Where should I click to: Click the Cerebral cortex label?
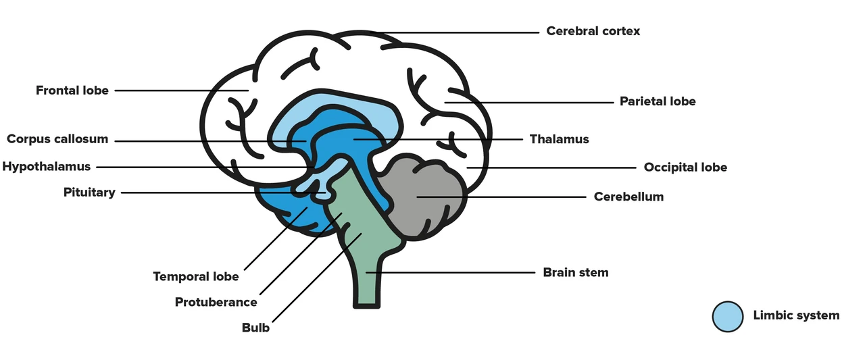(x=593, y=31)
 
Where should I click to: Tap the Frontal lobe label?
(x=72, y=91)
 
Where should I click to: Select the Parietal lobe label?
(x=658, y=101)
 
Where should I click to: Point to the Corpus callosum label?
(x=57, y=139)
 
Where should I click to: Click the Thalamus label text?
(x=559, y=139)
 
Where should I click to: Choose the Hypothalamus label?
(x=47, y=167)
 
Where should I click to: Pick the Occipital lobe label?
(x=685, y=167)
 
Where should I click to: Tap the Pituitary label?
(x=89, y=192)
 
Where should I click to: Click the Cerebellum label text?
(x=628, y=197)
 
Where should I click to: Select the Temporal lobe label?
(x=196, y=277)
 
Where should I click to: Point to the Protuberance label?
(x=216, y=302)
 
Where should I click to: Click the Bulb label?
(x=255, y=328)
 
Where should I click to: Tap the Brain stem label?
(x=575, y=272)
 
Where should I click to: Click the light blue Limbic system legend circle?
(x=728, y=316)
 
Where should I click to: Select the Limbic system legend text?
(x=796, y=315)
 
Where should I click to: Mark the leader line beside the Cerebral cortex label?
(x=455, y=33)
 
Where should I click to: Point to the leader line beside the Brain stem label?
(x=451, y=272)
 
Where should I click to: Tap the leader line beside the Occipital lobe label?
(x=551, y=168)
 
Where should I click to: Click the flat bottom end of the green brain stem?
(x=366, y=306)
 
